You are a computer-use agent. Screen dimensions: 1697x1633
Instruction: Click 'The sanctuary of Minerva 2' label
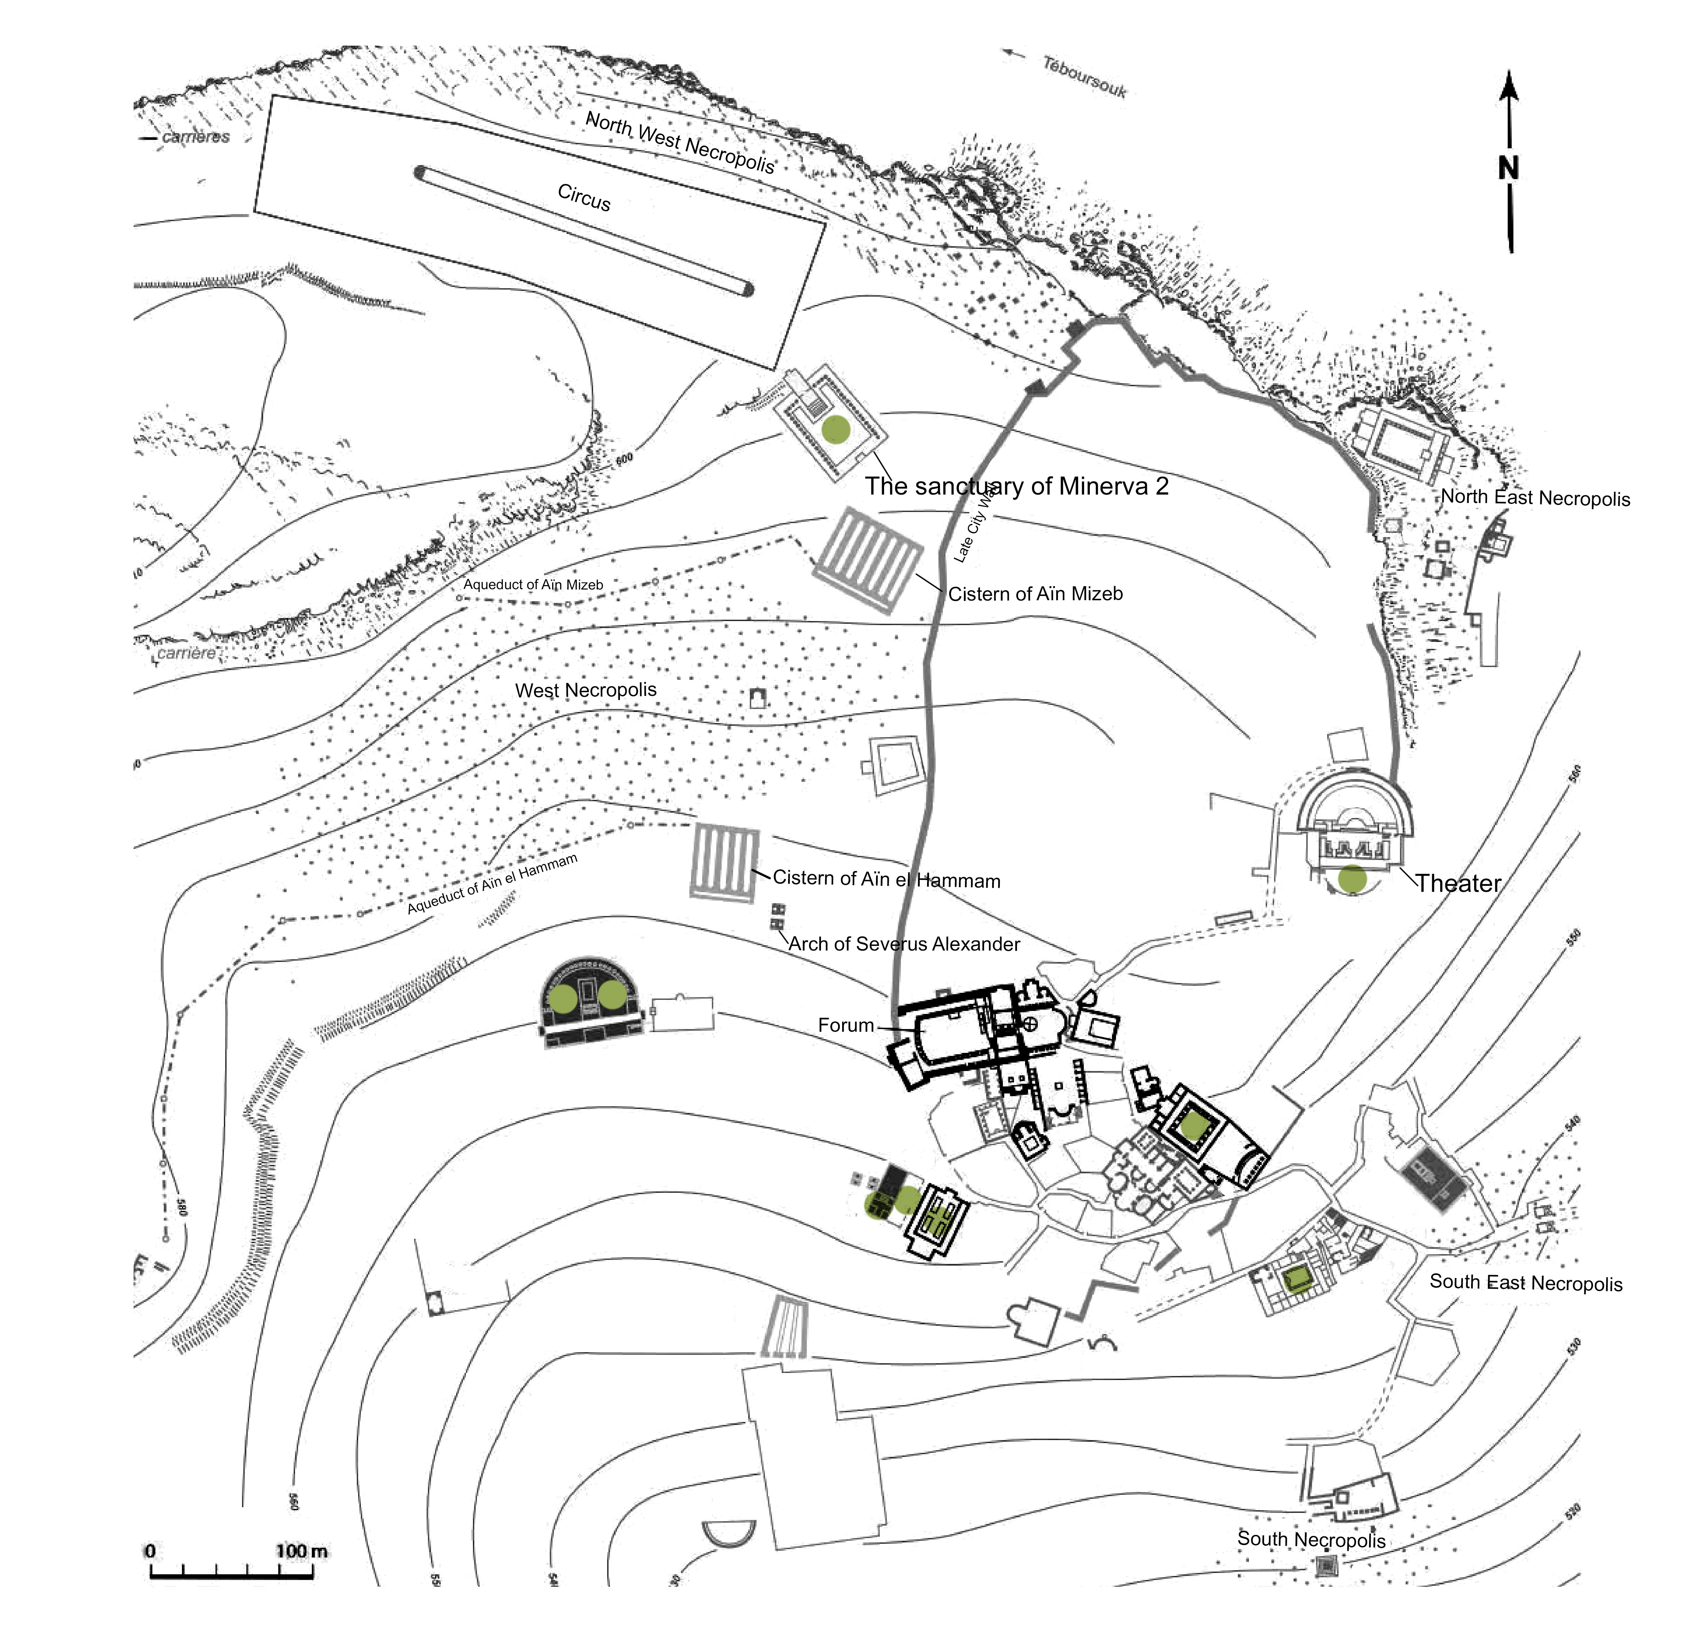click(x=1016, y=487)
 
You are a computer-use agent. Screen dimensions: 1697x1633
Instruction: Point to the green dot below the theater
click(x=1352, y=879)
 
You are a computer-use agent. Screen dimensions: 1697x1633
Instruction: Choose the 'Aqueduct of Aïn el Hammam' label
click(x=492, y=883)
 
